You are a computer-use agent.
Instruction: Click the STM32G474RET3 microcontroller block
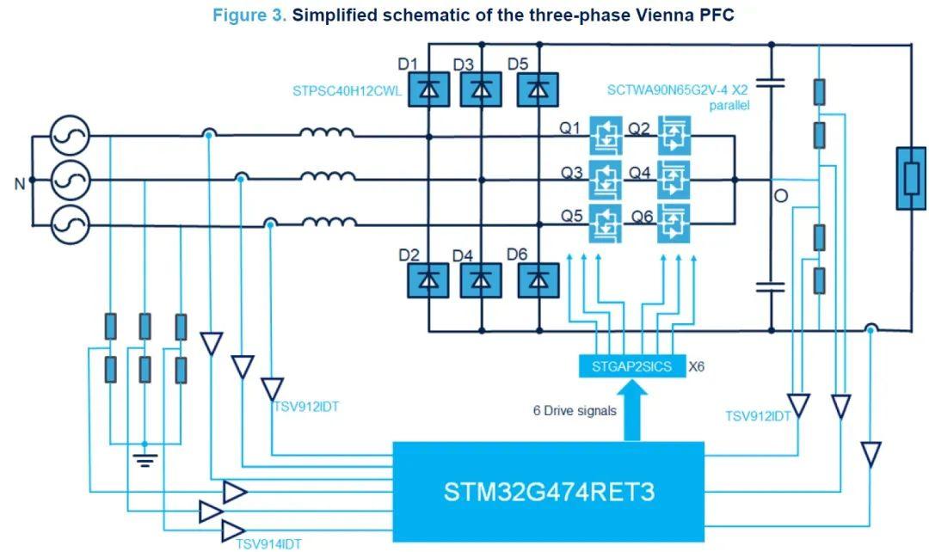pos(549,492)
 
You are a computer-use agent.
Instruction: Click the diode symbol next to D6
pos(538,279)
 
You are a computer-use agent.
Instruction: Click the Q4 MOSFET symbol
pos(674,179)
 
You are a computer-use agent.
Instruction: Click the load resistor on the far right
pos(911,179)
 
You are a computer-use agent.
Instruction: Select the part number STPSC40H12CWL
pos(347,91)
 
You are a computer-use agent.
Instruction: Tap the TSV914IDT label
pos(269,543)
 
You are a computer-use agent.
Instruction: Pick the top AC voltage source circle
pos(70,135)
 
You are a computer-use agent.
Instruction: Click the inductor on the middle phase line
pos(327,179)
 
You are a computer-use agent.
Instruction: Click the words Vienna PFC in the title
pos(687,15)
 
